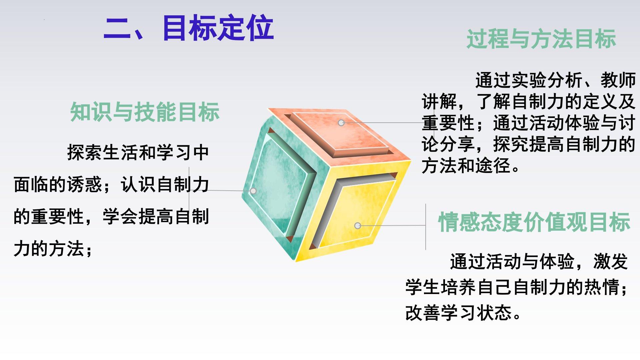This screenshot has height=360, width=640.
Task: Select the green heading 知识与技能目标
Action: pyautogui.click(x=145, y=112)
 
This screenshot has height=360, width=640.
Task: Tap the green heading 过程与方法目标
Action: pyautogui.click(x=541, y=39)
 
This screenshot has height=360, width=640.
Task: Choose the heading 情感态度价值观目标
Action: pyautogui.click(x=534, y=222)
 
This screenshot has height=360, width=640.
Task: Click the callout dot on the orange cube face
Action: pyautogui.click(x=341, y=123)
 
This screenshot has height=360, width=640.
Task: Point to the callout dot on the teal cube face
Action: pyautogui.click(x=253, y=191)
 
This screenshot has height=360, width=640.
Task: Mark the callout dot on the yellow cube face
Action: pyautogui.click(x=358, y=226)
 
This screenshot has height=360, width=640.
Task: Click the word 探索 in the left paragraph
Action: pyautogui.click(x=85, y=152)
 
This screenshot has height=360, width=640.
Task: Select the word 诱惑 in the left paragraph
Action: pyautogui.click(x=85, y=184)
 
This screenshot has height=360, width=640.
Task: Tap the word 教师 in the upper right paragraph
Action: pyautogui.click(x=618, y=80)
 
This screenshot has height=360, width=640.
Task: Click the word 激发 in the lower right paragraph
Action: pyautogui.click(x=611, y=261)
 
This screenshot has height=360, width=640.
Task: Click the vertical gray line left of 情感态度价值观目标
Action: pyautogui.click(x=426, y=227)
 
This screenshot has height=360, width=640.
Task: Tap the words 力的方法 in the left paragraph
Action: pyautogui.click(x=49, y=249)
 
